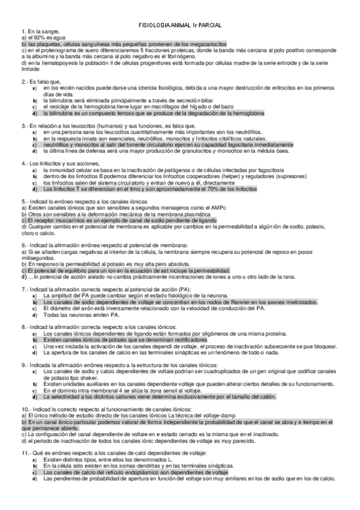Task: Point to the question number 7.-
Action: coord(24,289)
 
